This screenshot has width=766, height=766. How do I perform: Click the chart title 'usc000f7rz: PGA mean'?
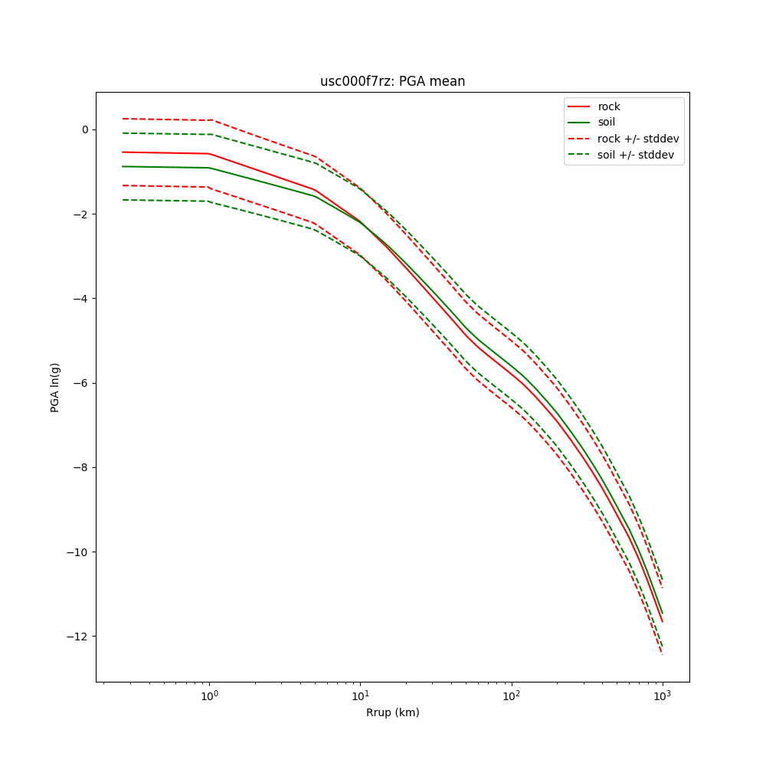point(392,81)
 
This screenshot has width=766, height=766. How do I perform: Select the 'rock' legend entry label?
point(609,106)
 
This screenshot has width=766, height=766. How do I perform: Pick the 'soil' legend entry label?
point(607,122)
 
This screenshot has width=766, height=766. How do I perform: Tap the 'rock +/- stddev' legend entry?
point(638,139)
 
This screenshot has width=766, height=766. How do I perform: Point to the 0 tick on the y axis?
point(85,129)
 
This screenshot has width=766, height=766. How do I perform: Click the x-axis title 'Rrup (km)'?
point(392,712)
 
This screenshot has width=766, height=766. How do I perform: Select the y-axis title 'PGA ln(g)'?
point(55,387)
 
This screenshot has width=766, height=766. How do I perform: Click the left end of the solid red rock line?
point(123,152)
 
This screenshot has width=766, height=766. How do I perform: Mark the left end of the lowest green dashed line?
point(123,200)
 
